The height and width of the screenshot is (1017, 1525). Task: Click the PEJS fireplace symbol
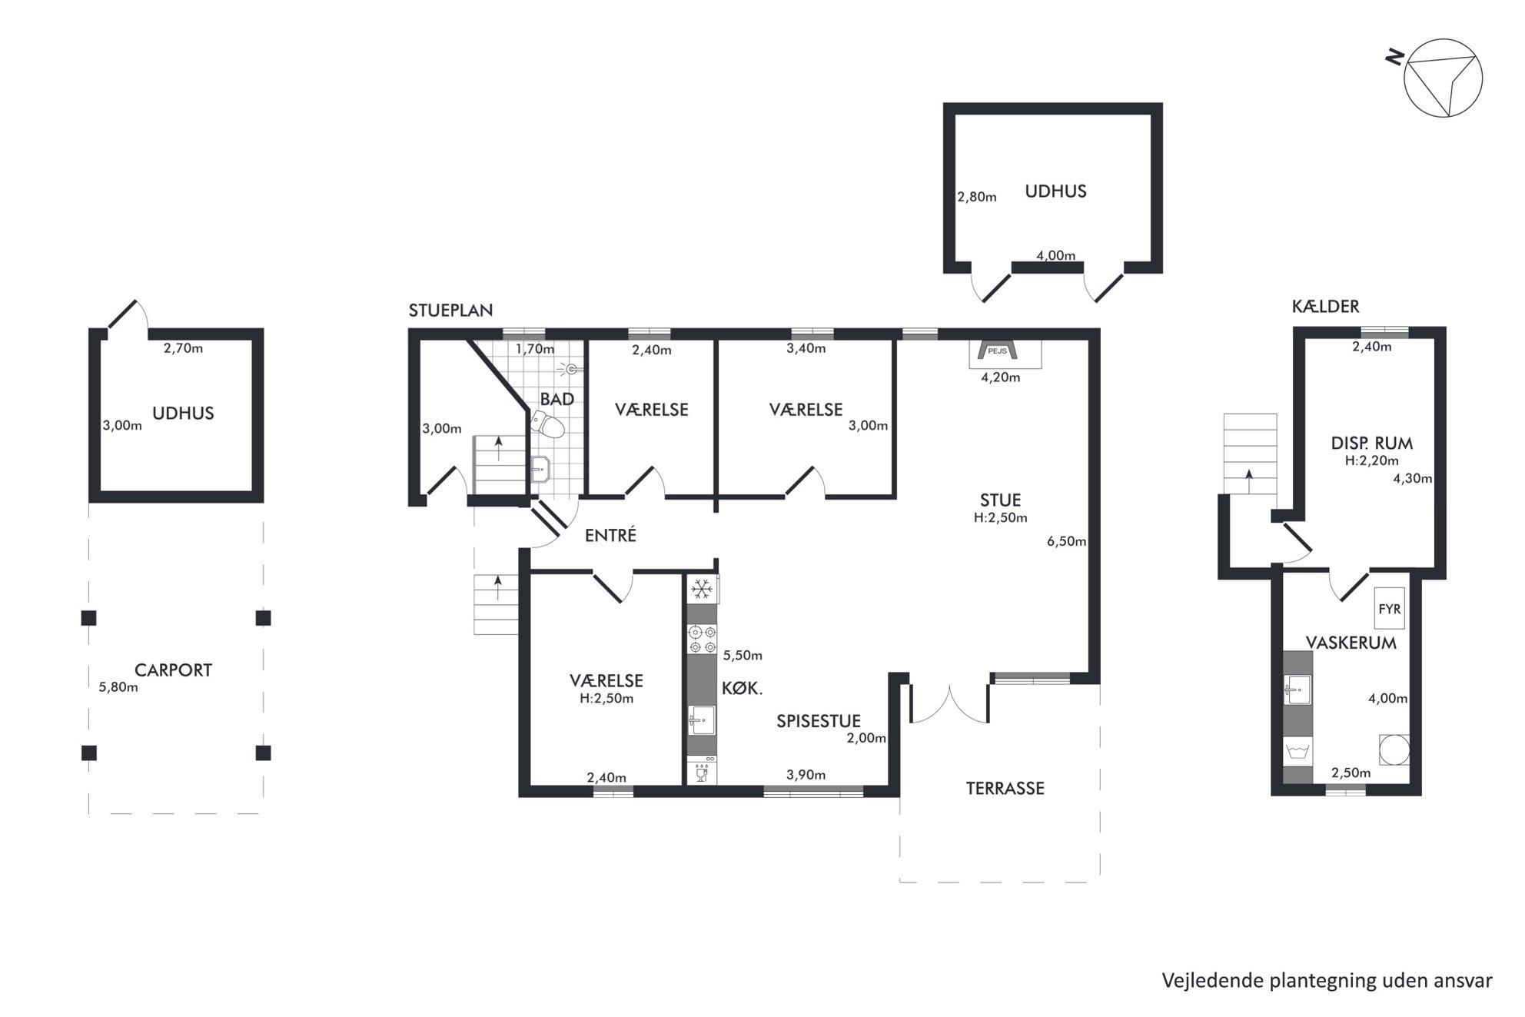click(997, 351)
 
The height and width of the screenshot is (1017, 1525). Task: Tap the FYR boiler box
click(1390, 609)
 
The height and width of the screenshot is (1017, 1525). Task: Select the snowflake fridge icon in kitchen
click(701, 590)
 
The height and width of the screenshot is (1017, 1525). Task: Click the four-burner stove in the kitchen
click(702, 640)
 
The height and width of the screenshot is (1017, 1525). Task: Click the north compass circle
click(1443, 78)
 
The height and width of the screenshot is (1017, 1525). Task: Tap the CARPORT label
click(173, 670)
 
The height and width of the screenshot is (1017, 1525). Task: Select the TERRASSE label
click(1005, 788)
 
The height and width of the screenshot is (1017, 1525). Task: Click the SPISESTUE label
click(818, 721)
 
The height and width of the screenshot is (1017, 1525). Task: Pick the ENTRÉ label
click(610, 535)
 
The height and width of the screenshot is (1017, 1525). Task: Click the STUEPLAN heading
click(450, 311)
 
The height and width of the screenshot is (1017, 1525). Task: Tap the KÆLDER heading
click(1325, 306)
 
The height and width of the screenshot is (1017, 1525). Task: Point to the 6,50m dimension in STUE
click(1066, 541)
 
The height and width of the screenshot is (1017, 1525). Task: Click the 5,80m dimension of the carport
click(118, 687)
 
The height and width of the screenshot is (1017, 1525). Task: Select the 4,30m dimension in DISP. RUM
click(1412, 478)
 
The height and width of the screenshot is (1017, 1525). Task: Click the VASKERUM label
click(1351, 643)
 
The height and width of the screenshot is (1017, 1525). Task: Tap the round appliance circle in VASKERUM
click(1394, 749)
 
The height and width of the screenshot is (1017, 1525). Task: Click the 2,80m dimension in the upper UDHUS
click(976, 197)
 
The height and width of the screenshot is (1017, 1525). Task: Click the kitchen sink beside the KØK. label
click(702, 720)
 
